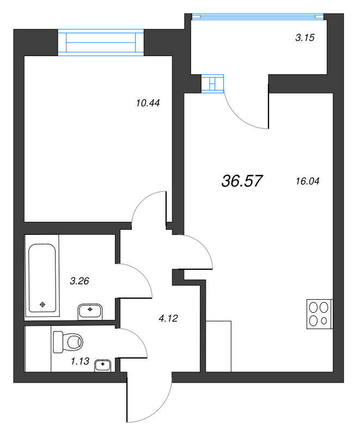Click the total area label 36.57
pos(242,181)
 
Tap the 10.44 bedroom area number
pos(148,103)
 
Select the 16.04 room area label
pos(308,181)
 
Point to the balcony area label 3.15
pos(305,38)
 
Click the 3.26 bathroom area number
pos(80,281)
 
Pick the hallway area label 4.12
pos(168,318)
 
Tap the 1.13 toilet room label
pos(80,361)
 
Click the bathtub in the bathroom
pos(42,278)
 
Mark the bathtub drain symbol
pos(42,305)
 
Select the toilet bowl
pos(68,342)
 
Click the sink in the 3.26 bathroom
pos(90,311)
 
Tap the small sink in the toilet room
pos(103,365)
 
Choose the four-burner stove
pos(320,314)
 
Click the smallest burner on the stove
pos(324,321)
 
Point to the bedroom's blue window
pos(101,43)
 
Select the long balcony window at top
pos(258,16)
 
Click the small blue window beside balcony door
pos(212,83)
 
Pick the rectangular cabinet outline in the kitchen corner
pos(218,346)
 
